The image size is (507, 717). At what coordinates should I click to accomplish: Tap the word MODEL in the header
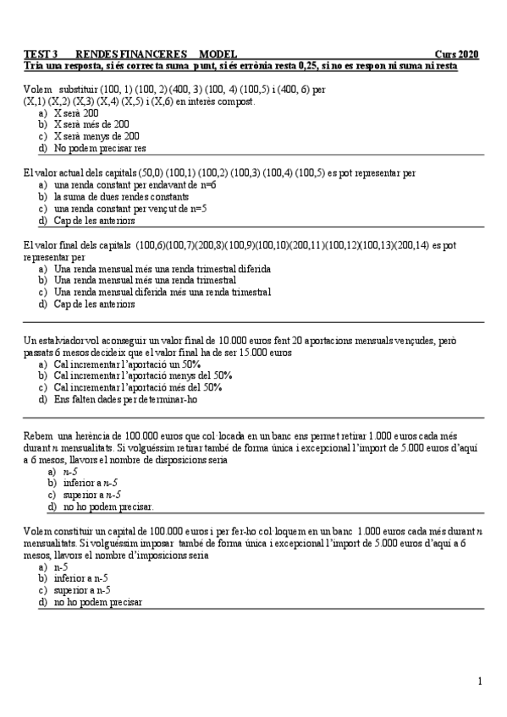(x=218, y=53)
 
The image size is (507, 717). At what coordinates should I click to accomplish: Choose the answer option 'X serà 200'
(x=76, y=112)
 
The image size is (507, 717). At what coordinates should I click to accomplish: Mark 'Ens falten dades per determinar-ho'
(x=126, y=398)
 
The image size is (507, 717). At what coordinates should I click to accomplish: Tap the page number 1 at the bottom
(x=480, y=681)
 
